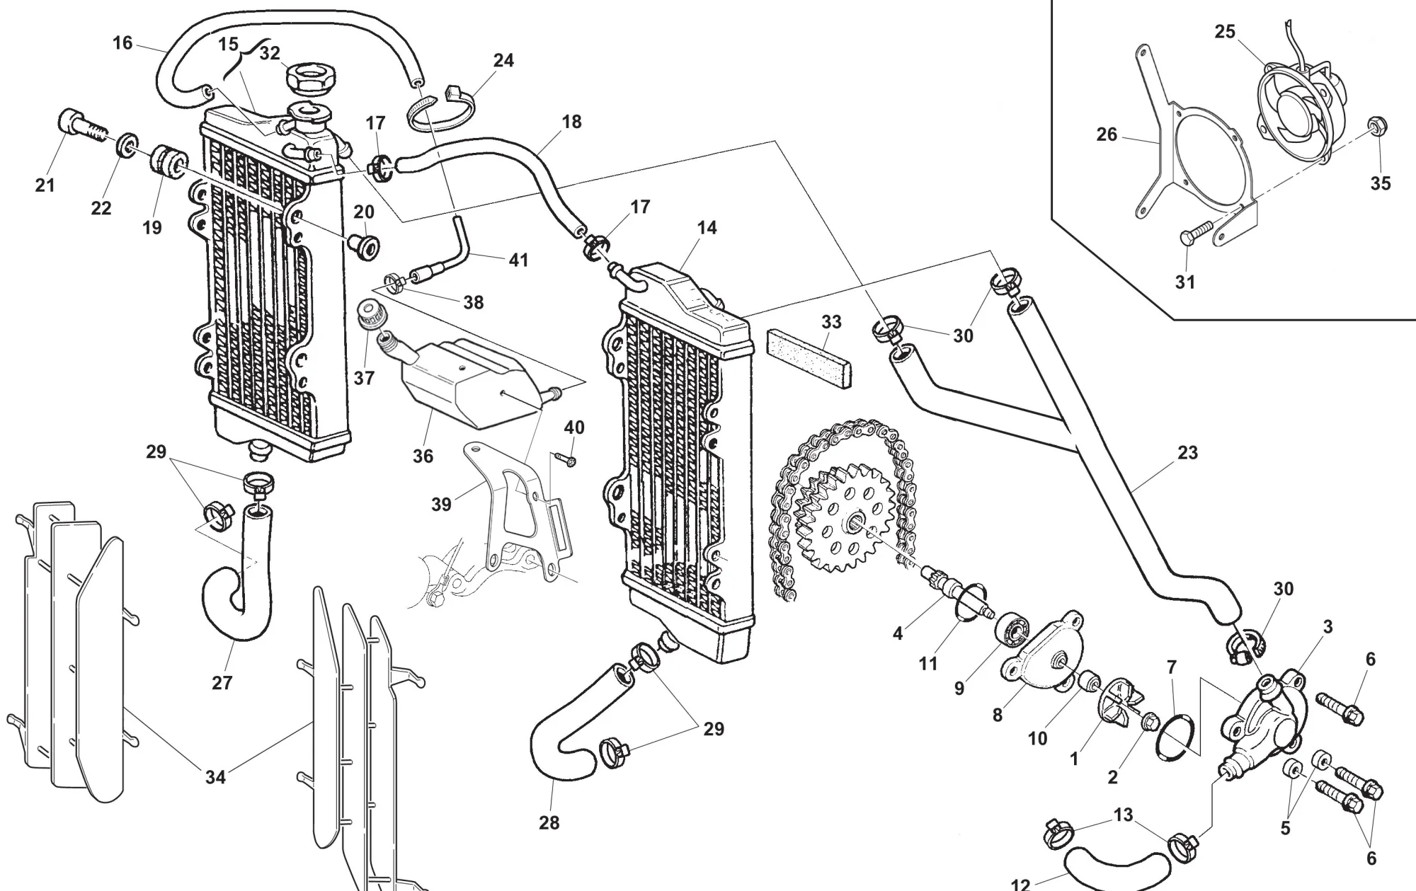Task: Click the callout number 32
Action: [x=270, y=53]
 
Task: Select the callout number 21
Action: [x=45, y=185]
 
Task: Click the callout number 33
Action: [x=831, y=322]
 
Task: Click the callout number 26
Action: [x=1107, y=134]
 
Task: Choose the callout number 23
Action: [x=1187, y=452]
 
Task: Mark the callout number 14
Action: [x=707, y=228]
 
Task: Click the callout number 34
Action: [x=215, y=777]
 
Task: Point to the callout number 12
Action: [x=1020, y=883]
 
